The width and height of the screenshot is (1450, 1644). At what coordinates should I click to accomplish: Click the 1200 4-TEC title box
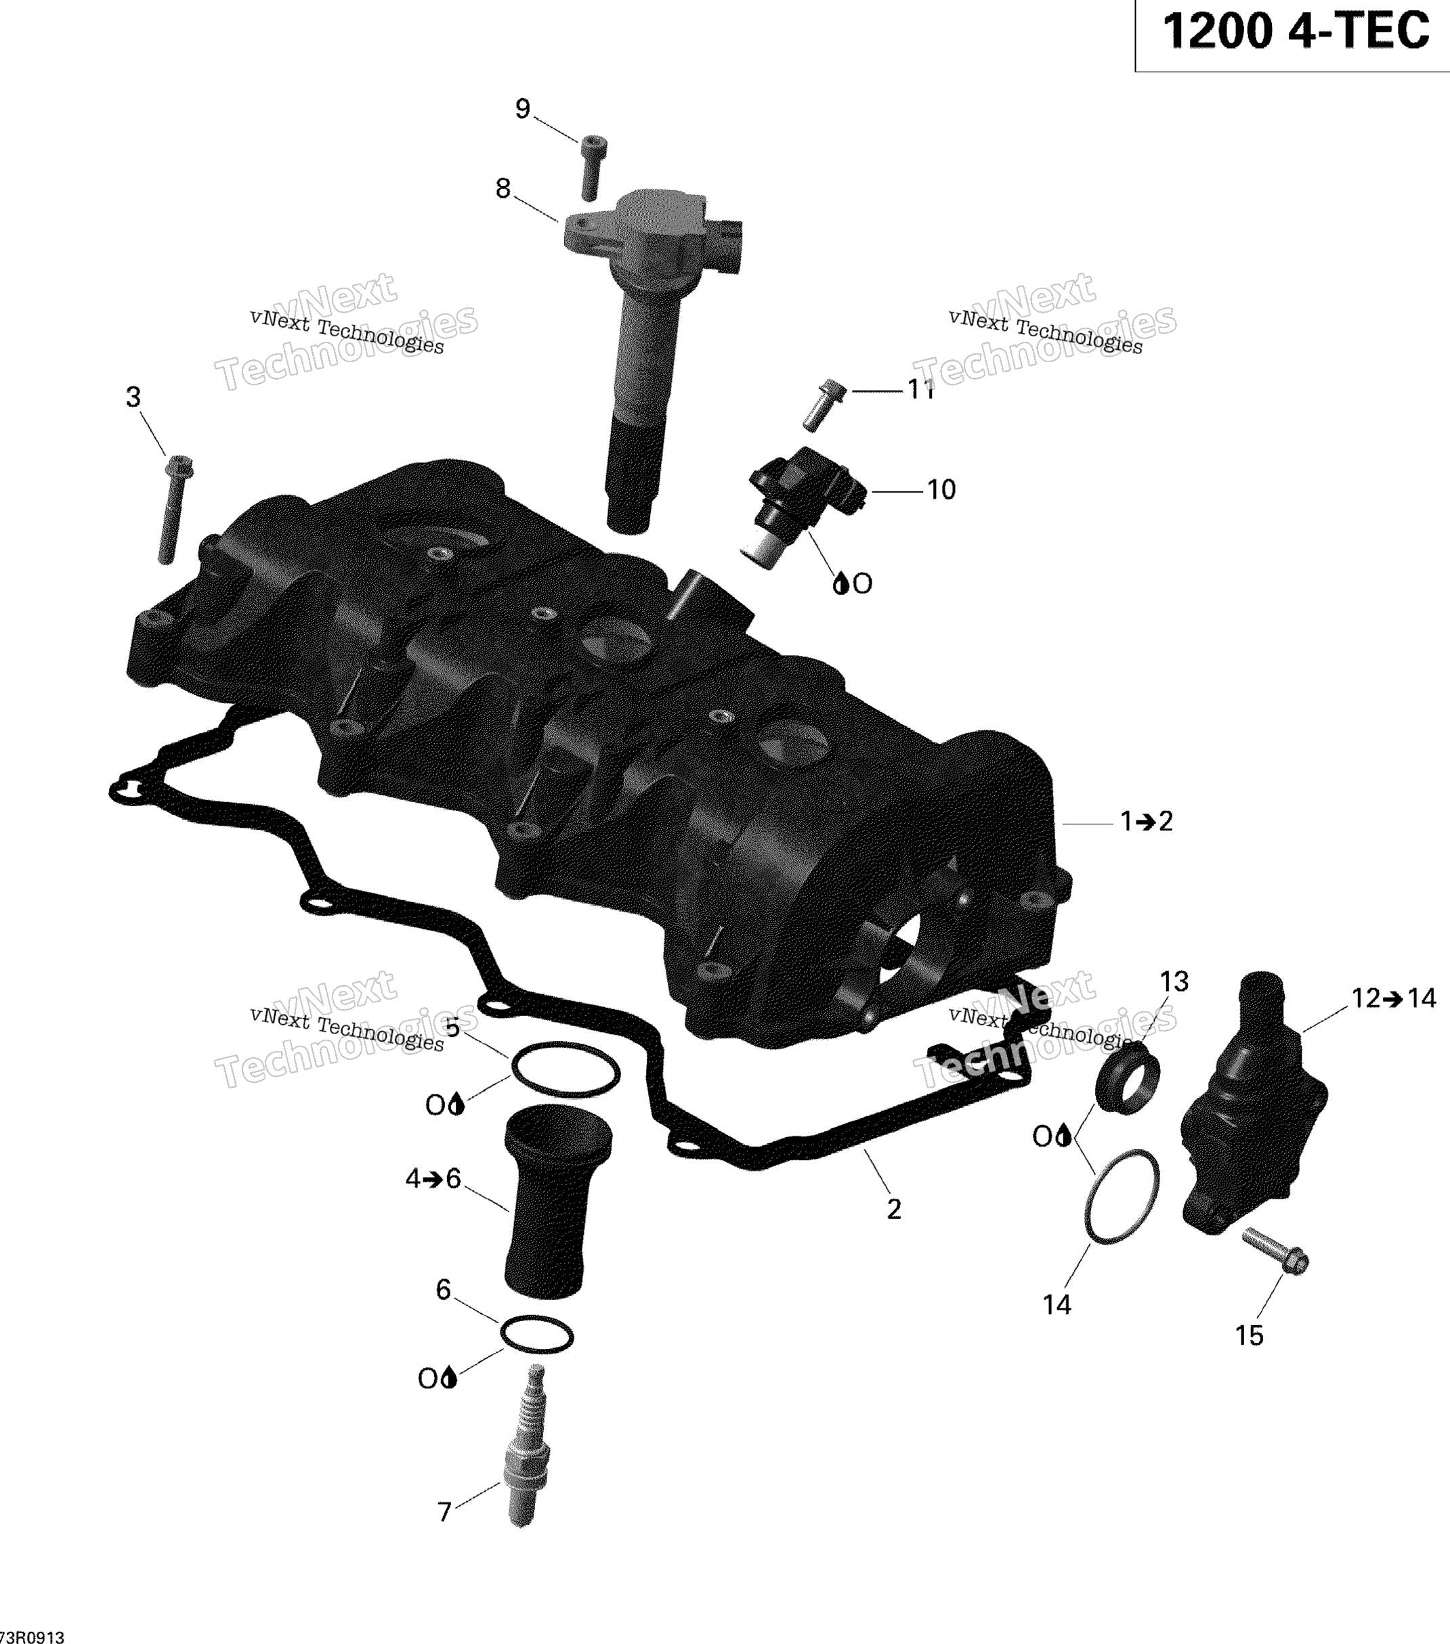click(x=1292, y=35)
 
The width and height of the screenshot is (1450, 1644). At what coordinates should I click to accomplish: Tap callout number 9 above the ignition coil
click(x=523, y=108)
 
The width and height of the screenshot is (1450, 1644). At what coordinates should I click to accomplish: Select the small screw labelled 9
click(x=593, y=167)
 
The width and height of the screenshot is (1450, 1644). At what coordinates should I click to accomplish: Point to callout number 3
click(x=133, y=397)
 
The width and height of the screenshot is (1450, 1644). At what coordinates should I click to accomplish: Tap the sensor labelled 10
click(x=805, y=505)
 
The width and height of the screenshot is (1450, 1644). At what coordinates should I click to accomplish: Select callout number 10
click(x=941, y=490)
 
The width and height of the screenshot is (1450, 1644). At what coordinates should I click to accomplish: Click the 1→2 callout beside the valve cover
click(x=1147, y=821)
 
